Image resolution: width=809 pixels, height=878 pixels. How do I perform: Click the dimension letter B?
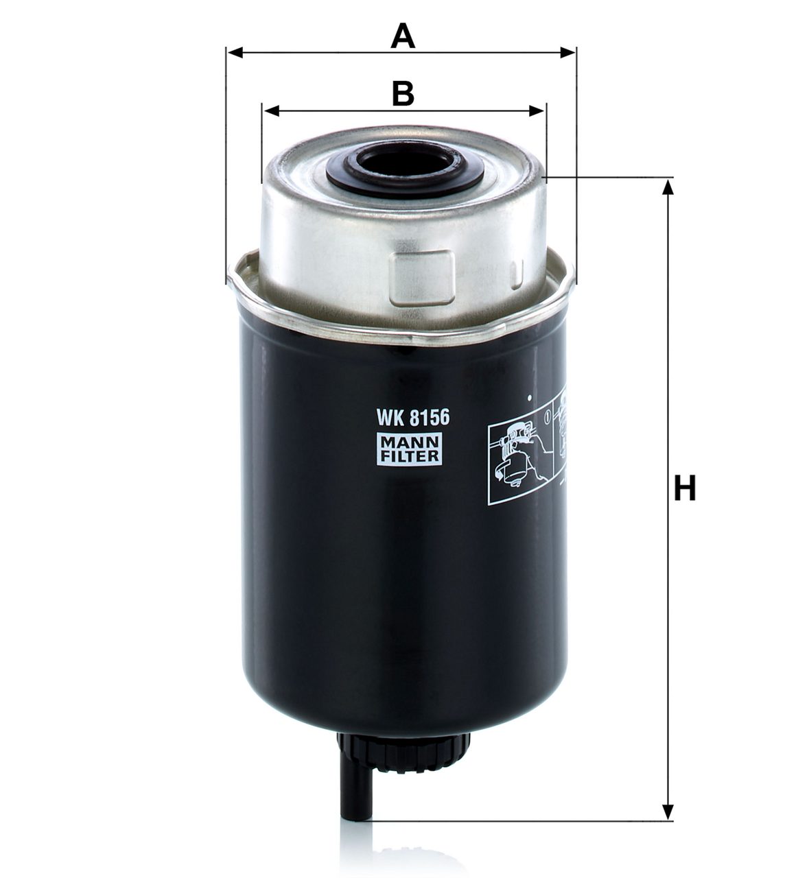[x=403, y=93]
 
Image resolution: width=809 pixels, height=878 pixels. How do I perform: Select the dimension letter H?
[x=685, y=488]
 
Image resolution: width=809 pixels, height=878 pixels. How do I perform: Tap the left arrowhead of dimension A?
[x=235, y=53]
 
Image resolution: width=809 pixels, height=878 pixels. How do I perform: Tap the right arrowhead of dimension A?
[x=567, y=53]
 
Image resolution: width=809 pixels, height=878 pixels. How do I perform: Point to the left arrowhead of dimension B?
[x=270, y=110]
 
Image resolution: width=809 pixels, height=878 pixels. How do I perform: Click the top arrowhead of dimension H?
[x=667, y=187]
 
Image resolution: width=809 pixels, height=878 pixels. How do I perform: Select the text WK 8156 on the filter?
[x=412, y=418]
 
